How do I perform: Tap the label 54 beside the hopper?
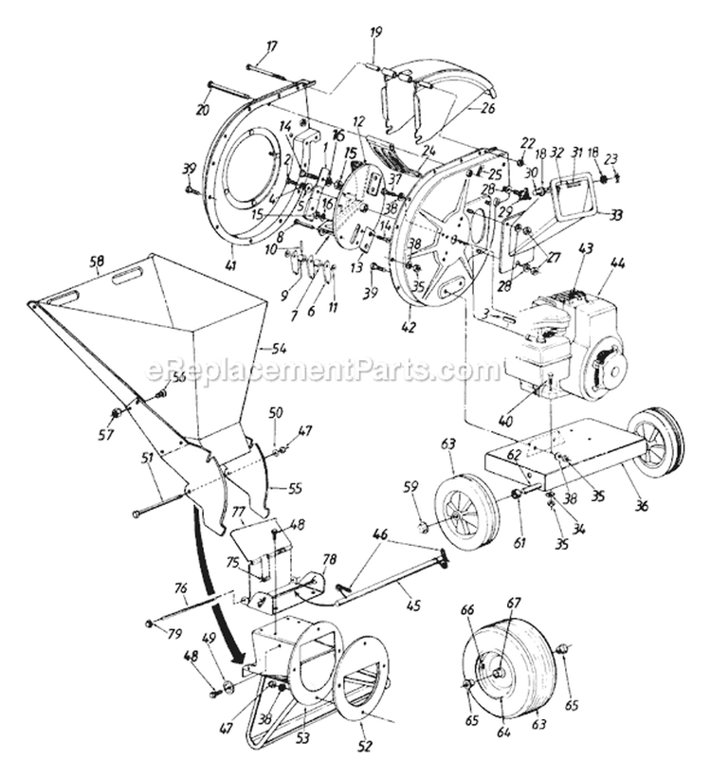click(280, 348)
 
